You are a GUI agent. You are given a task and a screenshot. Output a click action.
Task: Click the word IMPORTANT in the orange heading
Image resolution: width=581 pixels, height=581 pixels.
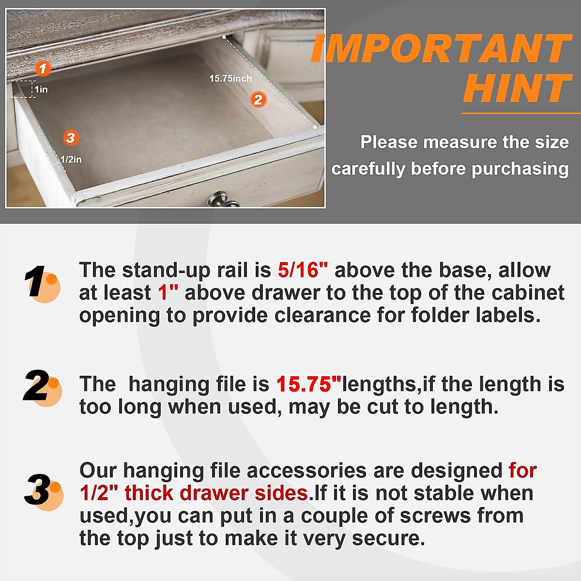(441, 48)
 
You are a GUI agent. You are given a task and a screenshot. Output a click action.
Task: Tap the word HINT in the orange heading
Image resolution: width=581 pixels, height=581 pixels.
(517, 89)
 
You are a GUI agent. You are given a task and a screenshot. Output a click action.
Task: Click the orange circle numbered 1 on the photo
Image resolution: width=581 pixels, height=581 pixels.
(43, 69)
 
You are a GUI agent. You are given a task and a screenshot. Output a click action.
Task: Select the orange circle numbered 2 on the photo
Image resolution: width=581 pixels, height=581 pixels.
(258, 100)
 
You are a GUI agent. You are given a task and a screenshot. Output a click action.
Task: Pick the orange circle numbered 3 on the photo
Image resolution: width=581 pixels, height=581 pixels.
(71, 138)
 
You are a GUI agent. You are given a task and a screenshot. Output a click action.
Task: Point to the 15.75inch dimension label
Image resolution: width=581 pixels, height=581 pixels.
(230, 78)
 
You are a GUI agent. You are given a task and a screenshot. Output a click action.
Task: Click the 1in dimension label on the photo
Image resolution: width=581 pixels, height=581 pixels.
(41, 90)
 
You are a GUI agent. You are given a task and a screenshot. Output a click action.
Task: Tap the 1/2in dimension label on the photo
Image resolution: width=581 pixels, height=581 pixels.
(71, 159)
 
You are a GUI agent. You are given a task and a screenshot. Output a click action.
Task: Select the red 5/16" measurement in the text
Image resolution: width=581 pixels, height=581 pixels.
(303, 270)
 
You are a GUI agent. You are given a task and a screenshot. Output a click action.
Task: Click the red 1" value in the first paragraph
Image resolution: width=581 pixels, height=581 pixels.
(168, 293)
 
